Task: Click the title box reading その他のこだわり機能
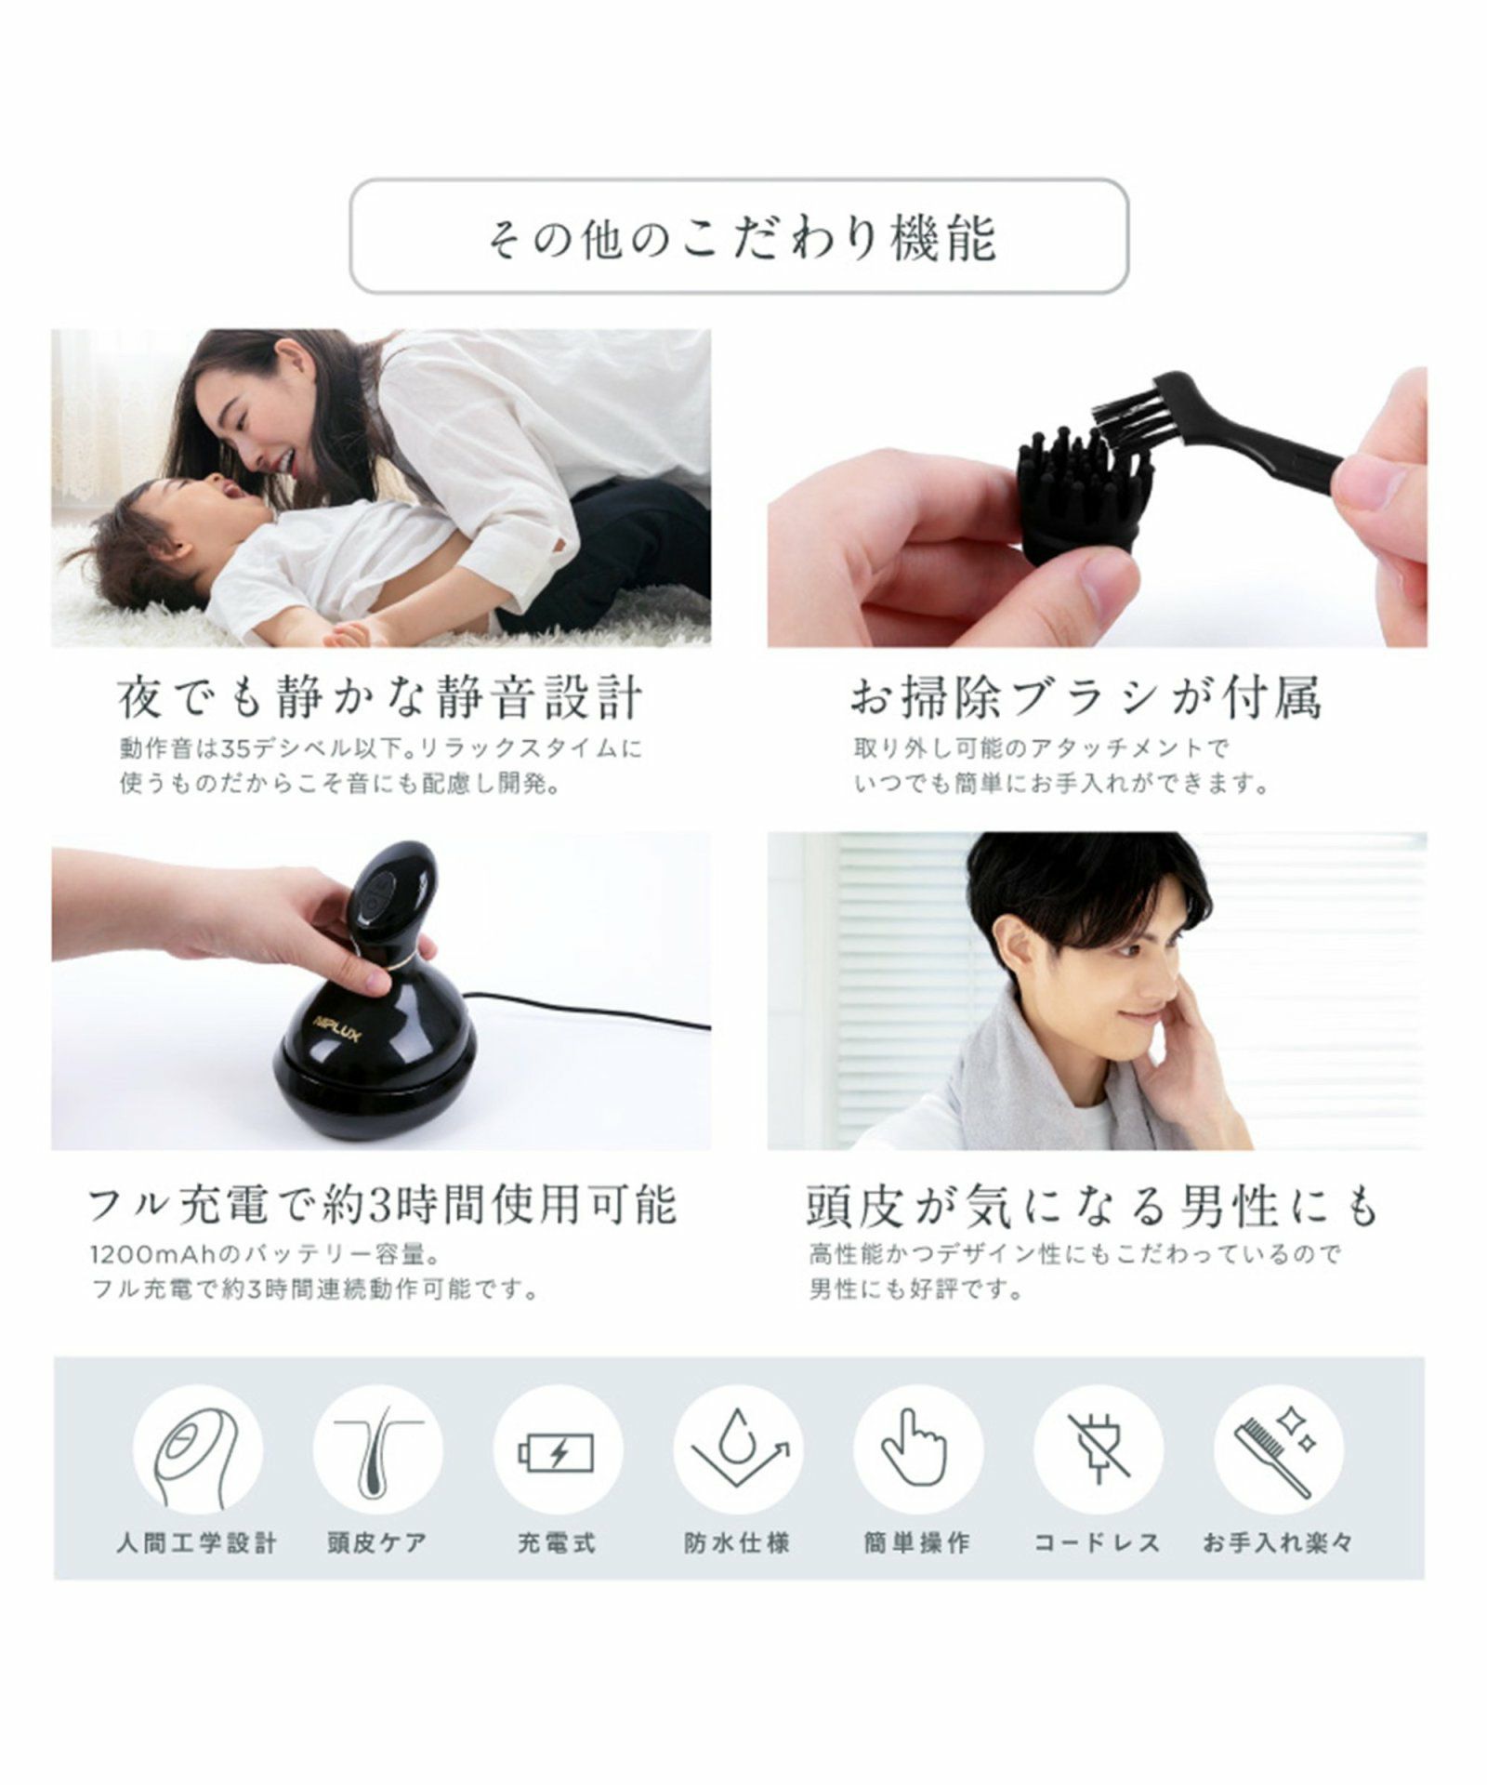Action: pyautogui.click(x=739, y=236)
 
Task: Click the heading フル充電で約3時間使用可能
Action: pyautogui.click(x=383, y=1205)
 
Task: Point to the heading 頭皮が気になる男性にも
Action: pyautogui.click(x=1093, y=1205)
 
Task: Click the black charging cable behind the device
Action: pyautogui.click(x=595, y=1011)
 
